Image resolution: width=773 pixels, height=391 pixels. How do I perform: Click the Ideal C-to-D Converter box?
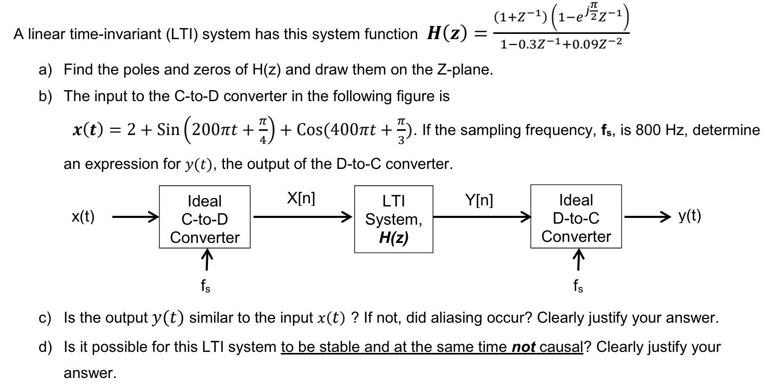205,218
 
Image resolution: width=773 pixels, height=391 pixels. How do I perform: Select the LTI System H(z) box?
394,219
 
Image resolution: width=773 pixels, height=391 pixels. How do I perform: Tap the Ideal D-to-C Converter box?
576,218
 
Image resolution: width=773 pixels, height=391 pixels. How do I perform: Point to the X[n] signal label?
301,199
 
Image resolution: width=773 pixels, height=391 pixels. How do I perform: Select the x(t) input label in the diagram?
83,217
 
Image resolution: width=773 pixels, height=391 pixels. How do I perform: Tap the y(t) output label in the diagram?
690,216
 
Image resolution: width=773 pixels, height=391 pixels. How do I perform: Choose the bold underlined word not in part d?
523,347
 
